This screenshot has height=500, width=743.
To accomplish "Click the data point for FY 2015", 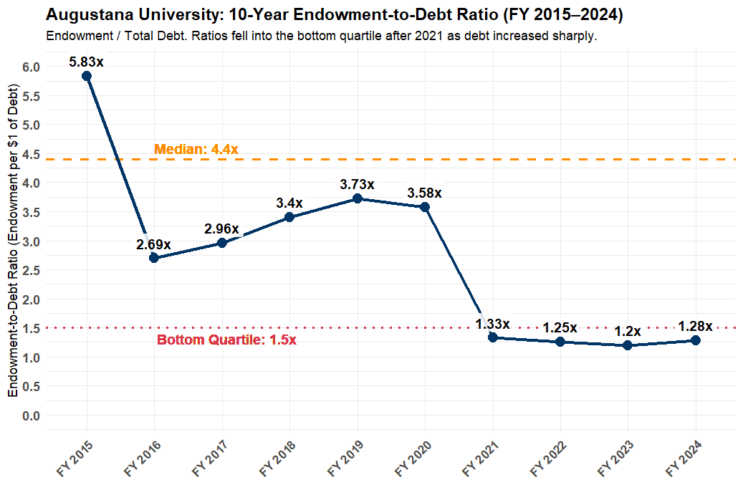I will [x=86, y=76].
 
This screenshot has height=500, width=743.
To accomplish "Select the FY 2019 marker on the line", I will [x=357, y=198].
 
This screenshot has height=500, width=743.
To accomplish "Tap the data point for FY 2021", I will [x=492, y=337].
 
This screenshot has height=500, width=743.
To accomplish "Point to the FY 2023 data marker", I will [x=628, y=345].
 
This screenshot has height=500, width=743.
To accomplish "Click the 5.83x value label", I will [x=86, y=62].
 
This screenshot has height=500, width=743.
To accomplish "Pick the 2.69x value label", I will [x=153, y=244].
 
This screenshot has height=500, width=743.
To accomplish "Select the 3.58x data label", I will [x=424, y=193].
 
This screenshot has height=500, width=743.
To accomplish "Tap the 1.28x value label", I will [x=695, y=327].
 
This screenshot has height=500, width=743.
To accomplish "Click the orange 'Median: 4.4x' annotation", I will [x=196, y=150].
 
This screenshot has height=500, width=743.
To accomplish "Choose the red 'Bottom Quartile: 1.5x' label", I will [x=226, y=340].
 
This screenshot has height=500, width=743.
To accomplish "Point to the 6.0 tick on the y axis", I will [x=32, y=67].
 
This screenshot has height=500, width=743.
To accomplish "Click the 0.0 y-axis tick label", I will [x=32, y=415].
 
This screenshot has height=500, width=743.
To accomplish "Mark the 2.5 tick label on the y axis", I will [x=32, y=270].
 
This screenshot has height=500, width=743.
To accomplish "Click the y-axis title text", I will [x=13, y=239].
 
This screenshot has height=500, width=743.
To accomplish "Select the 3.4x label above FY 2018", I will [x=289, y=203].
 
